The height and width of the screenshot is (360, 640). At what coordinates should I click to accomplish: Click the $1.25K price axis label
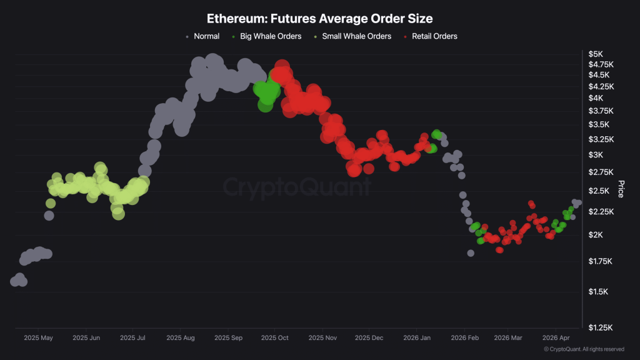(601, 327)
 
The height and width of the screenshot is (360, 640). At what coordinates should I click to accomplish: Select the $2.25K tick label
(601, 212)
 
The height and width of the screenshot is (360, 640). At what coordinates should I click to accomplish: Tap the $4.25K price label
(601, 86)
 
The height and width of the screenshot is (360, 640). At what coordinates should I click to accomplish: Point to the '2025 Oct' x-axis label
(276, 337)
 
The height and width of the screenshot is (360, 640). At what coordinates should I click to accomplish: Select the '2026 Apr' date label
(556, 337)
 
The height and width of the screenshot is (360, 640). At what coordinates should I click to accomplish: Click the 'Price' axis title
(621, 189)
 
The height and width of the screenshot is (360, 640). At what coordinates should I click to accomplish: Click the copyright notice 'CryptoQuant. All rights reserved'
(584, 349)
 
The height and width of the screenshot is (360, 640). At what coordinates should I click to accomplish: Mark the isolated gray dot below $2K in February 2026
(471, 253)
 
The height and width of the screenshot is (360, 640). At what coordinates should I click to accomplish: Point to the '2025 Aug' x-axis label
(181, 337)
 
